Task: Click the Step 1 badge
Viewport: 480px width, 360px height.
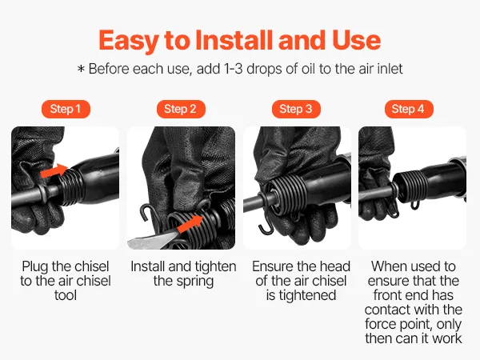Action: tap(66, 109)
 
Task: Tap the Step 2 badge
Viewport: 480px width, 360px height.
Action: tap(181, 109)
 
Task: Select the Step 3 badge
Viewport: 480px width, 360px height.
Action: tap(296, 109)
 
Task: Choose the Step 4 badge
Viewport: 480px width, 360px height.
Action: tap(409, 109)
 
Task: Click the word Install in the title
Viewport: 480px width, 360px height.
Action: tap(235, 40)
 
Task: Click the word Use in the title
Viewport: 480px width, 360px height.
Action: tap(356, 41)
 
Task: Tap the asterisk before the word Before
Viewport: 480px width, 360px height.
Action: tap(81, 69)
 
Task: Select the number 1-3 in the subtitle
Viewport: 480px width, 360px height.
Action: tap(234, 69)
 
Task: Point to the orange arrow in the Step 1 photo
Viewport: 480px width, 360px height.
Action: tap(54, 171)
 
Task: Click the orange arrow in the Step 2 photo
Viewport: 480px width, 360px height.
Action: tap(190, 224)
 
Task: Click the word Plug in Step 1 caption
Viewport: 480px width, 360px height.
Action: tap(35, 267)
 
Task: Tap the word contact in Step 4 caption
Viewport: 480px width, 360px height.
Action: tap(386, 310)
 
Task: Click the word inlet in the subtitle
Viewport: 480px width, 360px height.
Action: tap(389, 69)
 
